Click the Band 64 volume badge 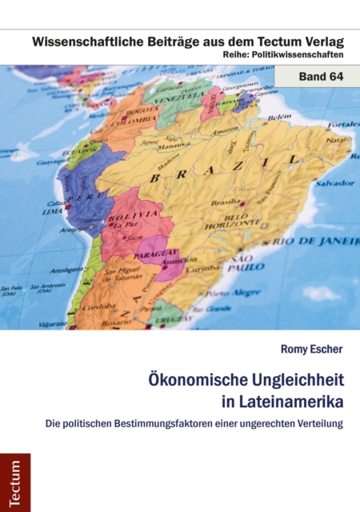316,78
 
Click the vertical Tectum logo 14,482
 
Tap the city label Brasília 226,202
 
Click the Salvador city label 334,183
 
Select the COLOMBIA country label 133,122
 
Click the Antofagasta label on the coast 67,269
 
